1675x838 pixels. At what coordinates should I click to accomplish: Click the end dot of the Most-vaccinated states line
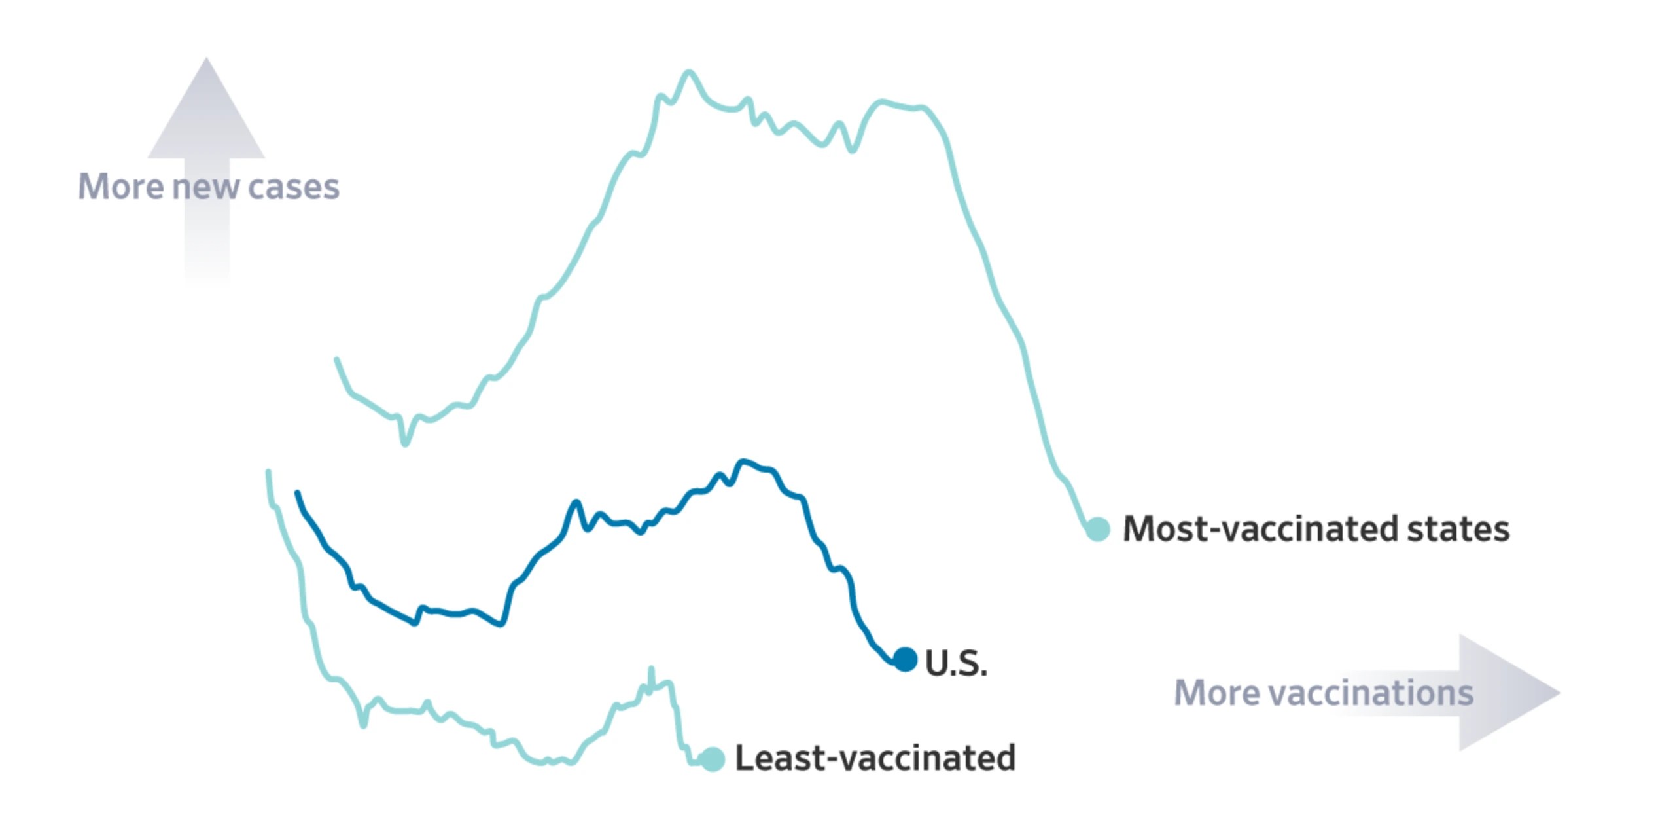tap(1098, 528)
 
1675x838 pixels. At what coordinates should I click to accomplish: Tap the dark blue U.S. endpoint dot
tap(905, 659)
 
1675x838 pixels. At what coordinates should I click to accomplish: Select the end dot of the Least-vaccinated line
tap(713, 759)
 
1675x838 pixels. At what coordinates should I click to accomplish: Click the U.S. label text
tap(956, 663)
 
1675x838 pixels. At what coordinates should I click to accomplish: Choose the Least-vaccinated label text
tap(875, 758)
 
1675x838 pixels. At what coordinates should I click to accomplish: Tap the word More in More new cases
tap(120, 187)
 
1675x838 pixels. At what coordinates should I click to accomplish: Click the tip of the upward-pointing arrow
tap(207, 58)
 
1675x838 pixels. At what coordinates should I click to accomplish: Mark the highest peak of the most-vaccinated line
tap(688, 71)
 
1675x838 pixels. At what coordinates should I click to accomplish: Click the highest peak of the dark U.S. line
tap(742, 462)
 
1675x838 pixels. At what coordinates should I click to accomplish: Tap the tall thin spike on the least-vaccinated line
tap(651, 669)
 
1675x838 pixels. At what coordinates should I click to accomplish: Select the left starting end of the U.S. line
tap(298, 493)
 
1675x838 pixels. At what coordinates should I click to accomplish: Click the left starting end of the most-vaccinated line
tap(337, 359)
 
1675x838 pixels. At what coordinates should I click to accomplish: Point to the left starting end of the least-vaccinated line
tap(268, 471)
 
